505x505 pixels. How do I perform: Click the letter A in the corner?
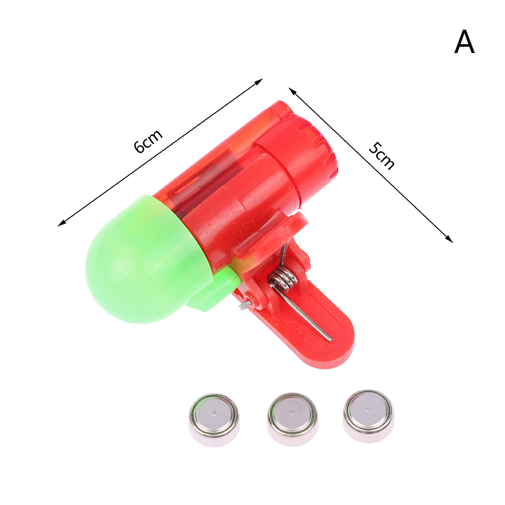coord(464,42)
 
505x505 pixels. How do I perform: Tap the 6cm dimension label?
coord(148,141)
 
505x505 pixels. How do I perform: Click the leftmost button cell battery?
coord(214,420)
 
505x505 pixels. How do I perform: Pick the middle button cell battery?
coord(292,419)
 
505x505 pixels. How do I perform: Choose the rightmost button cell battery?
coord(369,416)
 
